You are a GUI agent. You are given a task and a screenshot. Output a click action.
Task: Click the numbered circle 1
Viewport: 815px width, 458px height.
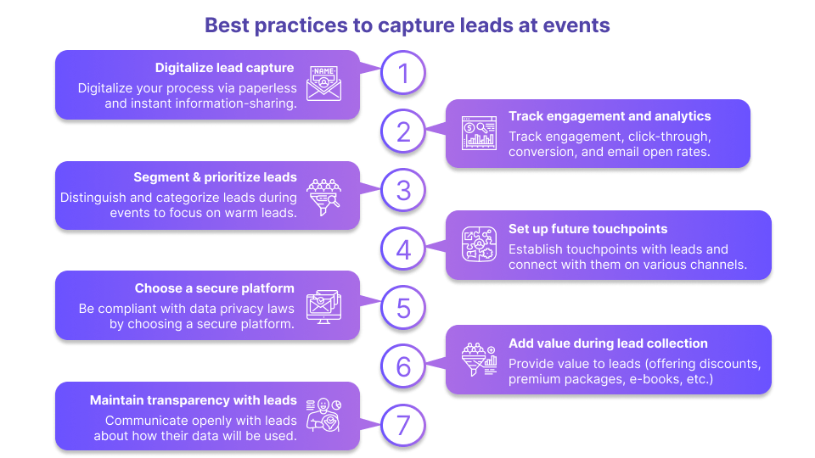(403, 73)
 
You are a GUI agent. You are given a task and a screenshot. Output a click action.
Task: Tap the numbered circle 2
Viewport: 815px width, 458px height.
(403, 131)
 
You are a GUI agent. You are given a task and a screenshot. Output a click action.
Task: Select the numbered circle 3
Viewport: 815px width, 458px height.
(403, 190)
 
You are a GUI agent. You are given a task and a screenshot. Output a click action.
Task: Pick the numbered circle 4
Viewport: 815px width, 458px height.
(403, 249)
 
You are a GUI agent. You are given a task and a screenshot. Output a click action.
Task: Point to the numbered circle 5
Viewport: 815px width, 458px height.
(403, 308)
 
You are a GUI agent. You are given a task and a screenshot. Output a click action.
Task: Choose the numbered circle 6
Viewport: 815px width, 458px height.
(403, 366)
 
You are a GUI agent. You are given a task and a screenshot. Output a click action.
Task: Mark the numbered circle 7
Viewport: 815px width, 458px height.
(403, 425)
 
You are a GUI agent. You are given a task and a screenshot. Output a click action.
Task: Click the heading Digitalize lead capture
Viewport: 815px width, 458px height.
(224, 68)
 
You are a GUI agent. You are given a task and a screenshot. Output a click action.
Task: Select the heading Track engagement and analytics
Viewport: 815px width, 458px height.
(610, 116)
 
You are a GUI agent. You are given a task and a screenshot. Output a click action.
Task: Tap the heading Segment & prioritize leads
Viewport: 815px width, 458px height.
(215, 177)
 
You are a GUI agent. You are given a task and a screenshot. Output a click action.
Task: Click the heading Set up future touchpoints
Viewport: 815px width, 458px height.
(587, 229)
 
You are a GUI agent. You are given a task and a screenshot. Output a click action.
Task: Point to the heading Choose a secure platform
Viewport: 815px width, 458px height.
(214, 288)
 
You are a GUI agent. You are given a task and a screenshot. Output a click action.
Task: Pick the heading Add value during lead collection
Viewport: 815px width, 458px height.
(608, 343)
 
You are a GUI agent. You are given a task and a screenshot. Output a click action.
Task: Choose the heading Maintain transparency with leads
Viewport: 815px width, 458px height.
(194, 400)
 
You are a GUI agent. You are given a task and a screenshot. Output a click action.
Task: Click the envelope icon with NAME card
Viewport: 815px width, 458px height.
(323, 82)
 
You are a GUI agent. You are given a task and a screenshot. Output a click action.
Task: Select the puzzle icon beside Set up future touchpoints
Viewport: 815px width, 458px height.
(479, 244)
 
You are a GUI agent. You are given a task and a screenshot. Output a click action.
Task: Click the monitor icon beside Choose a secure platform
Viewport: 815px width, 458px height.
(323, 305)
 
